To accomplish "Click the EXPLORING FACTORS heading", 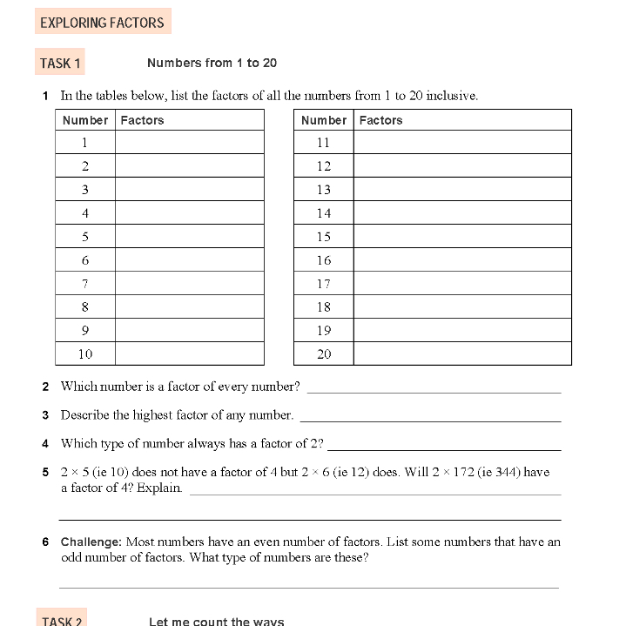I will (102, 23).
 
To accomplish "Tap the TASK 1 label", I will (60, 64).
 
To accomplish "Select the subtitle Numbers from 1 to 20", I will (212, 63).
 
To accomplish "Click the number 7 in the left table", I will (85, 283).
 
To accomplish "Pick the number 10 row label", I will (85, 353).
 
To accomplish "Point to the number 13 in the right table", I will (324, 189).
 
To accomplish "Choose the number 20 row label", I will (324, 353).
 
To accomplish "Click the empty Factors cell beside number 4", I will (189, 212).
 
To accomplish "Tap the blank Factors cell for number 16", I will (462, 259).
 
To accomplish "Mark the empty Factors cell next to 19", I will (462, 330).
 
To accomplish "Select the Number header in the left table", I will (85, 120).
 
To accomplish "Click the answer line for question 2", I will (434, 389).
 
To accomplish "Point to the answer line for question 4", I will (443, 447).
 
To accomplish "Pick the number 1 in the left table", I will (85, 142).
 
